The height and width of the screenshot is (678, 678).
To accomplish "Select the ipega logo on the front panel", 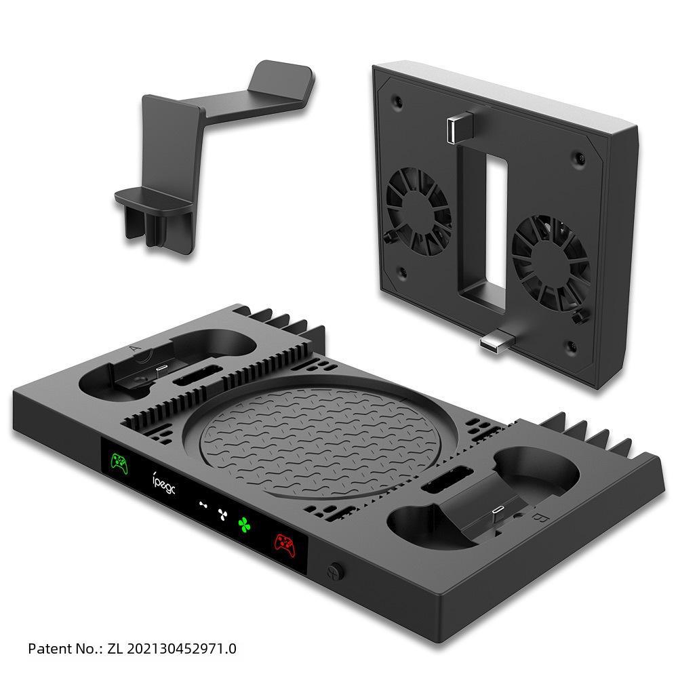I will tap(164, 485).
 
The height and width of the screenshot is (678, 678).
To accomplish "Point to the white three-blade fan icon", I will tap(220, 513).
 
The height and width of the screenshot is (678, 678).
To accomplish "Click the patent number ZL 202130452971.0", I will tap(172, 648).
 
